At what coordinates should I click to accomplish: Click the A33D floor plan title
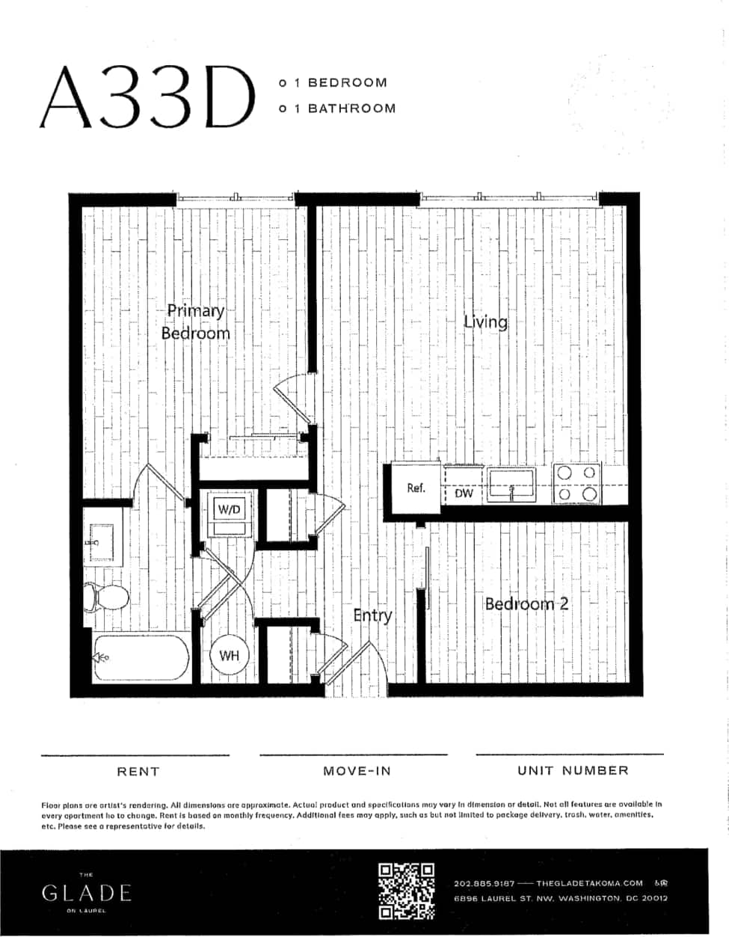[147, 96]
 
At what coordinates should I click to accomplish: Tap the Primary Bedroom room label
[195, 322]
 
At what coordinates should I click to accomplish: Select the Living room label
[485, 322]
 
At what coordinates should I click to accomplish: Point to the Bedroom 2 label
[526, 603]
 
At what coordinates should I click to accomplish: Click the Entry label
[372, 615]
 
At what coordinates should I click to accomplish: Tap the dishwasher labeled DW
[464, 494]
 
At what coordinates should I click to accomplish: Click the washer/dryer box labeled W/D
[229, 510]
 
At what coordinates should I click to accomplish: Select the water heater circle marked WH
[229, 656]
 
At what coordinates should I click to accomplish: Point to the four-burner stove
[576, 483]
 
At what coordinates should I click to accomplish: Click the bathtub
[141, 658]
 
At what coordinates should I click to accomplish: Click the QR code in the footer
[407, 891]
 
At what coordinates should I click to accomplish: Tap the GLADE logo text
[87, 892]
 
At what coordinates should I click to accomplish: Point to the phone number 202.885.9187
[484, 883]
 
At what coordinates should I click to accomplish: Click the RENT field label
[138, 771]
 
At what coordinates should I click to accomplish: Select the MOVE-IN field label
[357, 771]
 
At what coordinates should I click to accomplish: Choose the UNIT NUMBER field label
[573, 770]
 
